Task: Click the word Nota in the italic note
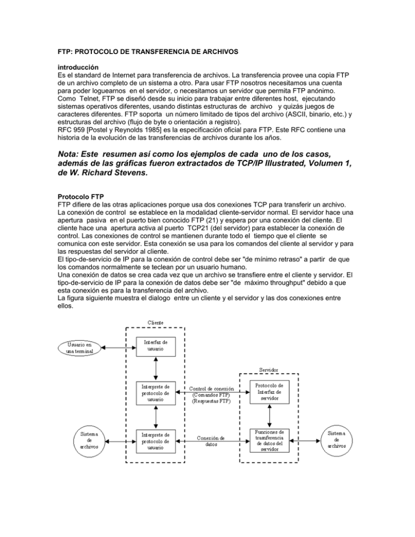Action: (x=72, y=156)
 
